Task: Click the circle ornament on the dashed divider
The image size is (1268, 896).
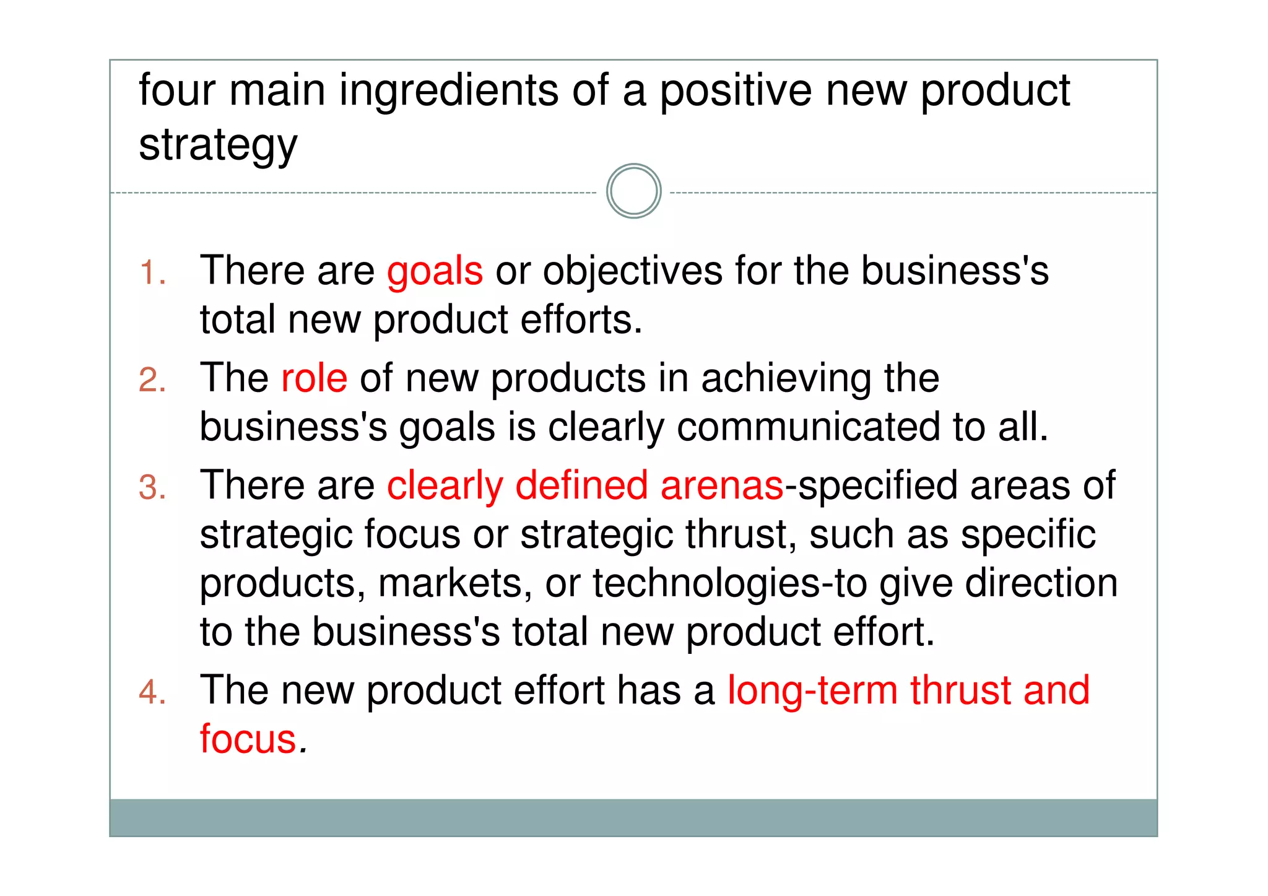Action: click(x=633, y=191)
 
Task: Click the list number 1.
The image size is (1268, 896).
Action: click(x=152, y=273)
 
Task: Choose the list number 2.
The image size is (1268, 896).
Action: click(x=152, y=380)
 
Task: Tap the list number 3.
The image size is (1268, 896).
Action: click(x=152, y=487)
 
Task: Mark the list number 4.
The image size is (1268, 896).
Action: click(x=152, y=692)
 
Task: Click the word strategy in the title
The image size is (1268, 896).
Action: click(x=218, y=146)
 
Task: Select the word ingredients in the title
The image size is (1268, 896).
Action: click(x=448, y=91)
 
